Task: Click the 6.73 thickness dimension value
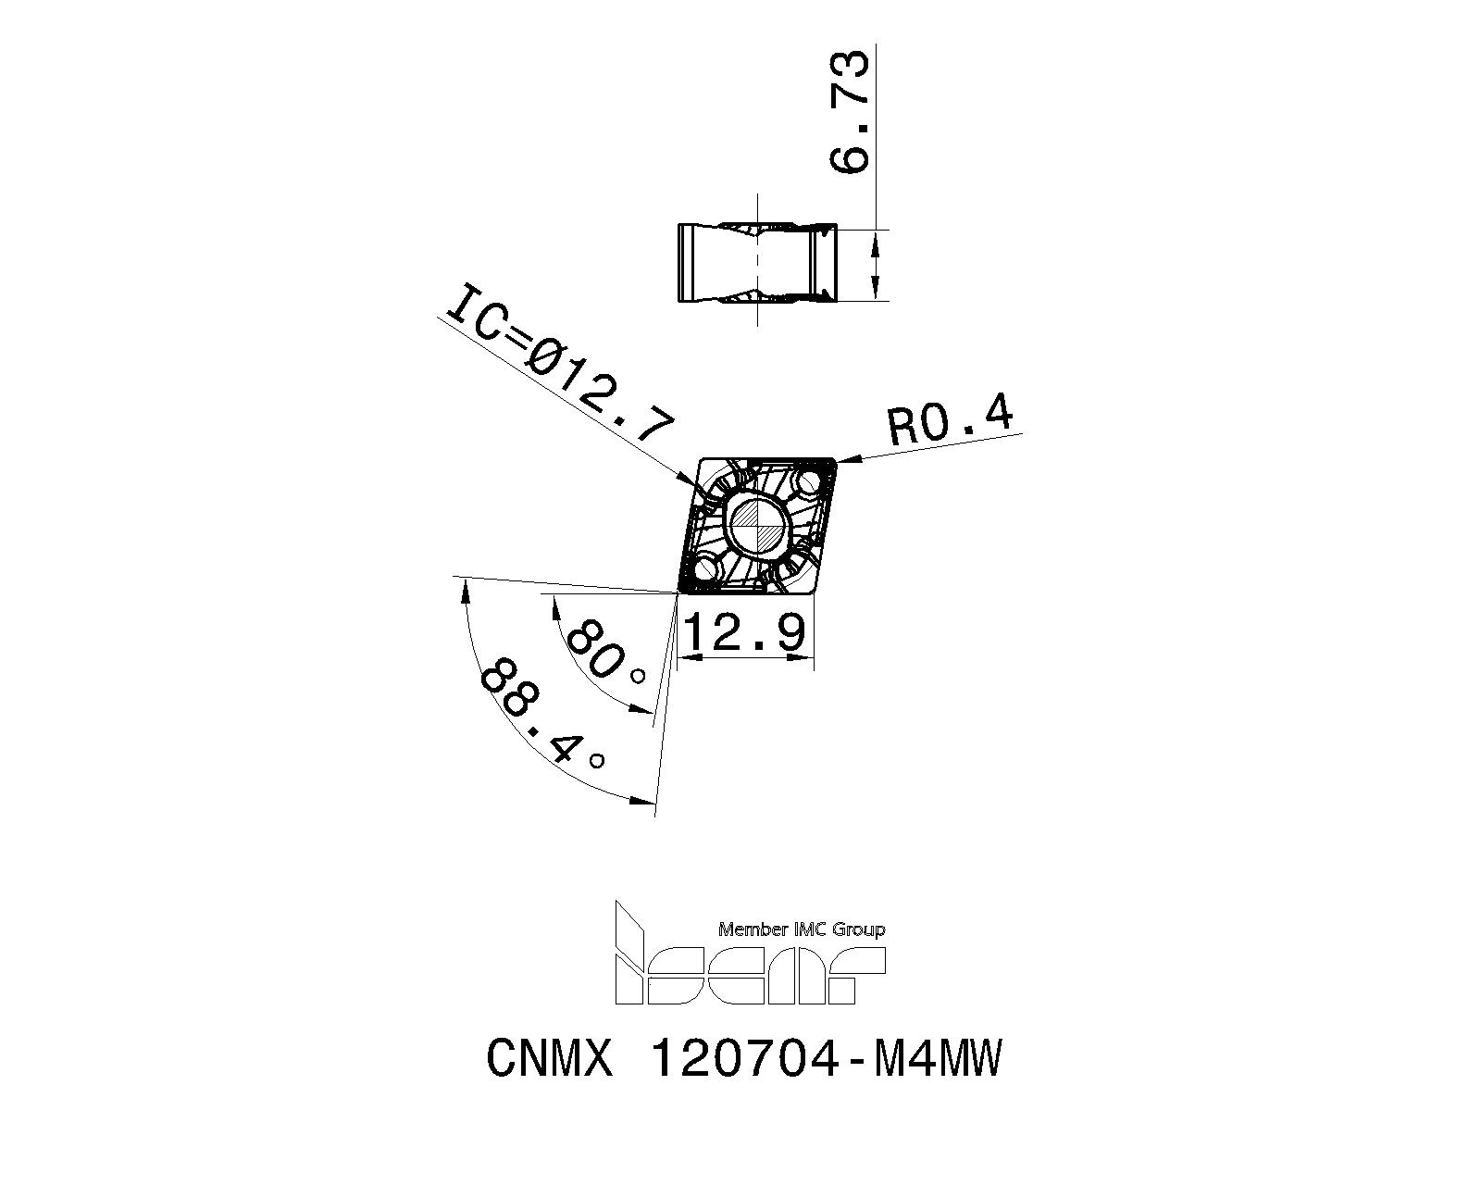click(848, 111)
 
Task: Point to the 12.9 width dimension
click(745, 633)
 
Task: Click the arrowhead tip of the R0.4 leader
click(836, 461)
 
